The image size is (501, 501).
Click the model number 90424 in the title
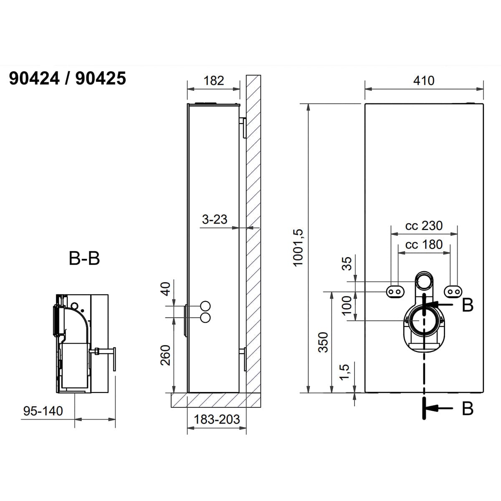(34, 78)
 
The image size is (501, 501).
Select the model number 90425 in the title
(101, 78)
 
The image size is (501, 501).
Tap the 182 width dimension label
(214, 81)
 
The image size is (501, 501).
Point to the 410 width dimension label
(424, 81)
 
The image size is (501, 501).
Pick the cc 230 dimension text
(424, 226)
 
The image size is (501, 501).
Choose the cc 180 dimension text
(424, 244)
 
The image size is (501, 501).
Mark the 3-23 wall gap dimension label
(215, 220)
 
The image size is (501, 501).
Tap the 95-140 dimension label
(43, 411)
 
